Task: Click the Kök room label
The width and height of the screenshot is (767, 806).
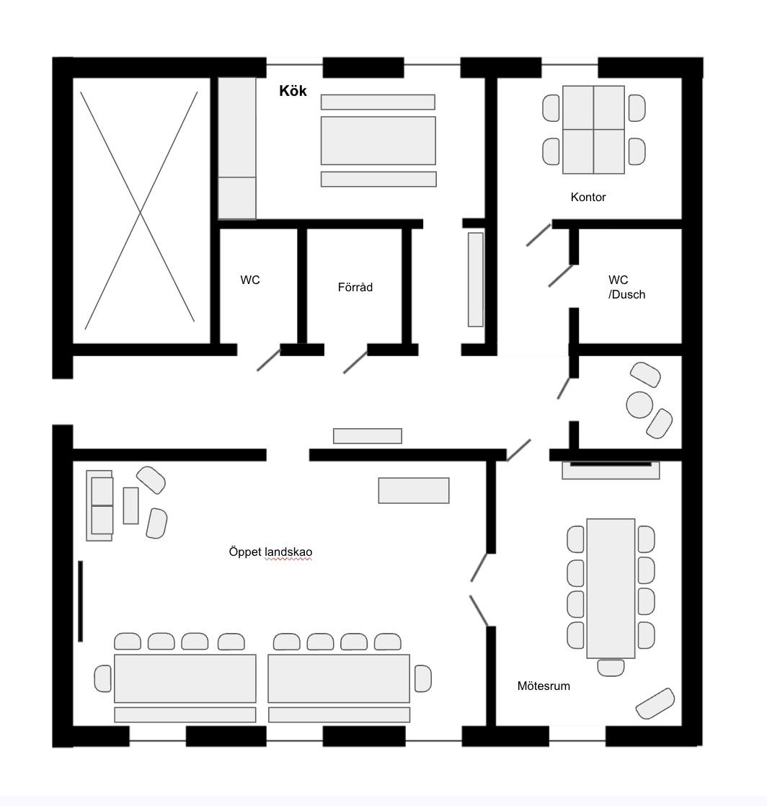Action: coord(293,91)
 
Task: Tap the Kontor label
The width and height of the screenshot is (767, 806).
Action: coord(588,197)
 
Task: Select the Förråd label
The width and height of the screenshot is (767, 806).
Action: coord(355,287)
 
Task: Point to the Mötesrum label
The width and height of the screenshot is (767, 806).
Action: coord(544,686)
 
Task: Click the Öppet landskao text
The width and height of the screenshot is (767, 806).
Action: coord(270,552)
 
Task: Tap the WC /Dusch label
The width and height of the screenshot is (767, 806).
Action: coord(626,287)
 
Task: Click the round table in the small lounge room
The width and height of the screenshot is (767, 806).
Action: coord(639,404)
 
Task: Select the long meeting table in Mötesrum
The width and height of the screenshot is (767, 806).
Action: coord(611,588)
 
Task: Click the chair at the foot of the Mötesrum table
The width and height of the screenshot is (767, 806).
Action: coord(611,668)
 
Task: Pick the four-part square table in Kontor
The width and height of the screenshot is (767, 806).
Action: coord(594,130)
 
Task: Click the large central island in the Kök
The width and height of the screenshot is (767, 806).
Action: coord(378,141)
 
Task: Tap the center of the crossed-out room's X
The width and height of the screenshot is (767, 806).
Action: coord(140,211)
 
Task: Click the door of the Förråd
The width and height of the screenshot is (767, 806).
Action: coord(355,362)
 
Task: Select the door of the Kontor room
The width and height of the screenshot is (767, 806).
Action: coord(538,235)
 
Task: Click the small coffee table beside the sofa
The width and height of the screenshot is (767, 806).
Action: coord(130,505)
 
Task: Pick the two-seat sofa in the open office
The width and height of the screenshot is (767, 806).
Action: coord(99,505)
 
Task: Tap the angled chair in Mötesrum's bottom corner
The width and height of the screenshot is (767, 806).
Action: coord(655,703)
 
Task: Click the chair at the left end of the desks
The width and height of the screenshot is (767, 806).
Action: coord(103,678)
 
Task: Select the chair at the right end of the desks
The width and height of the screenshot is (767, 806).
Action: coord(423,678)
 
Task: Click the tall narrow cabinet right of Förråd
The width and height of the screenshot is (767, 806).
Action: coord(476,280)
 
